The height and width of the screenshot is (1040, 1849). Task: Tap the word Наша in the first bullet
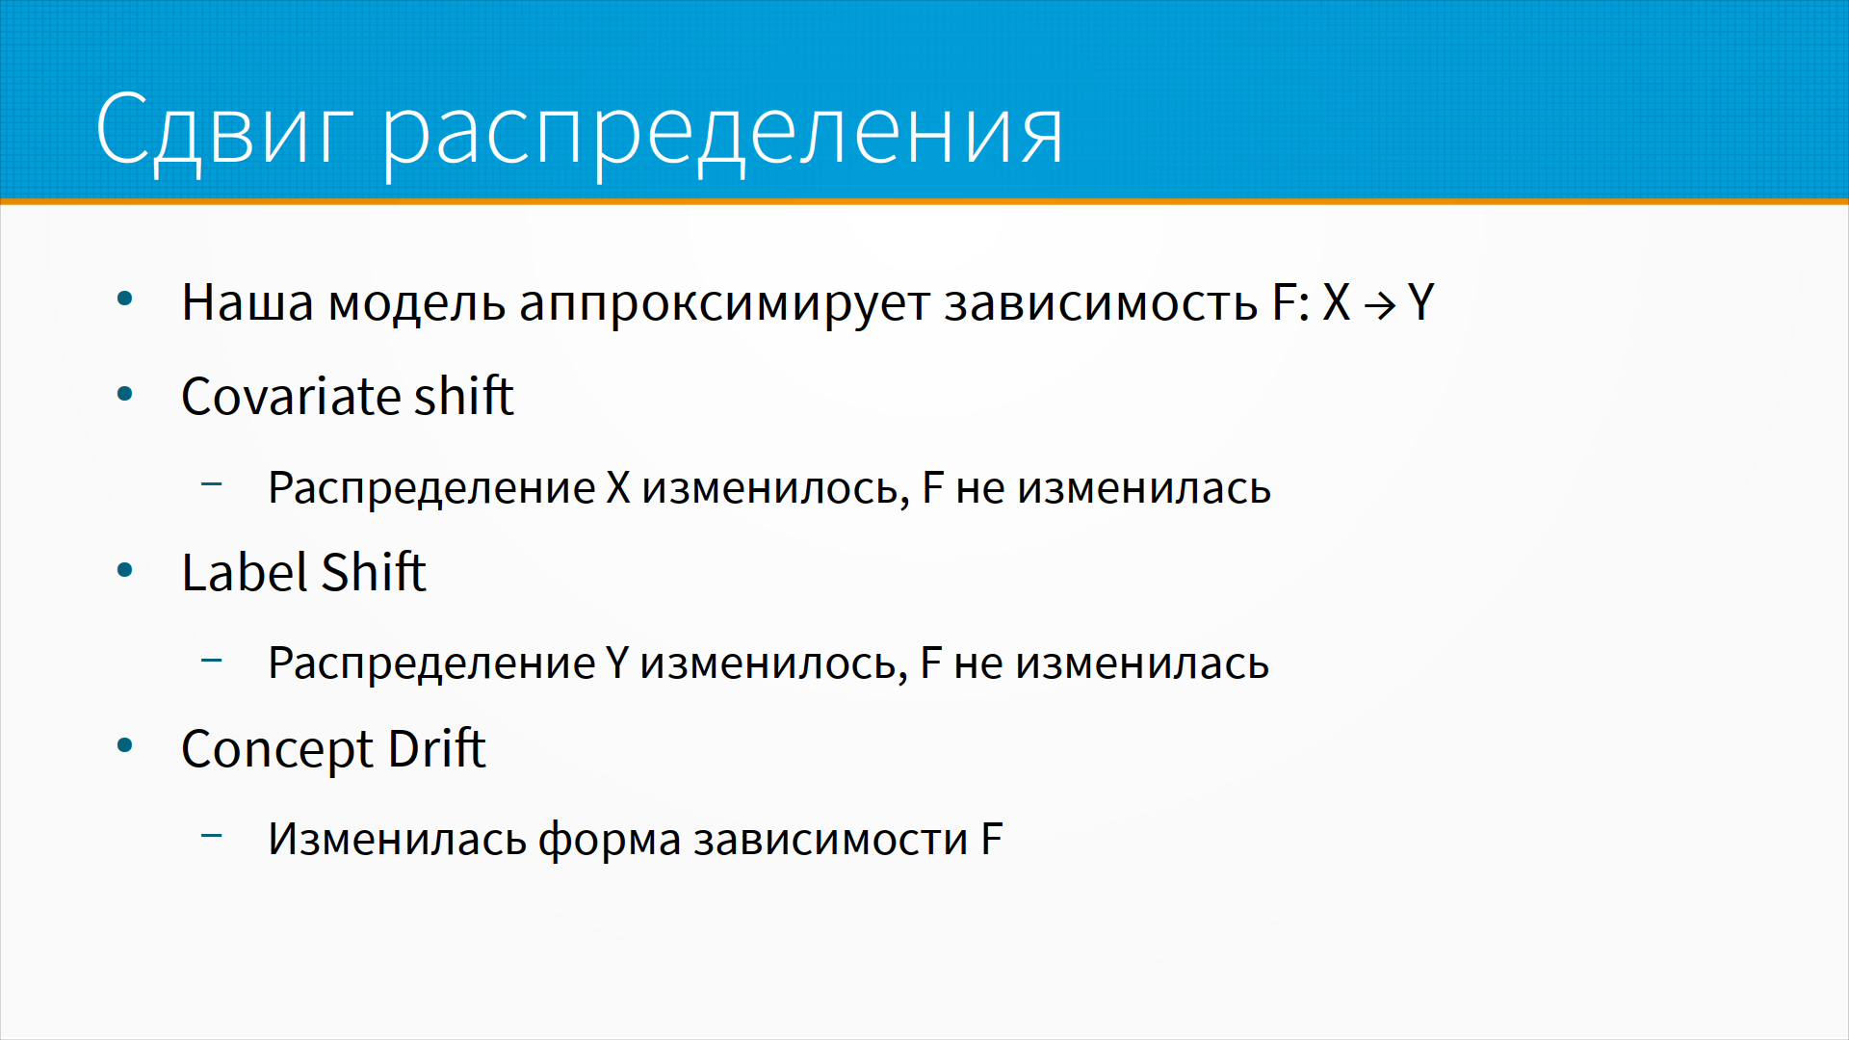pyautogui.click(x=247, y=302)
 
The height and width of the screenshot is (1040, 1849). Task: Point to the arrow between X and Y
pyautogui.click(x=1379, y=306)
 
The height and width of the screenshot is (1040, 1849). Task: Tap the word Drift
pyautogui.click(x=437, y=748)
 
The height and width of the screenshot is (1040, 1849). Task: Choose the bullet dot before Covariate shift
pyautogui.click(x=124, y=394)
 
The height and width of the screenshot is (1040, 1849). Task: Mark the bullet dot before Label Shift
pyautogui.click(x=124, y=570)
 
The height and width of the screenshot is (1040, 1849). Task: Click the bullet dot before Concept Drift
pyautogui.click(x=124, y=745)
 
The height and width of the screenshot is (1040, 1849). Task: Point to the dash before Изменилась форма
pyautogui.click(x=212, y=835)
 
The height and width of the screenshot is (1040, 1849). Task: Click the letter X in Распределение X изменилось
pyautogui.click(x=618, y=487)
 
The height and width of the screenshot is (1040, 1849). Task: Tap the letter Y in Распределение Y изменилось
pyautogui.click(x=617, y=663)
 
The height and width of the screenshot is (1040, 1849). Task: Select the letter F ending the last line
pyautogui.click(x=992, y=839)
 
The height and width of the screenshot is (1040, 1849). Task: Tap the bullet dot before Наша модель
pyautogui.click(x=124, y=299)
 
